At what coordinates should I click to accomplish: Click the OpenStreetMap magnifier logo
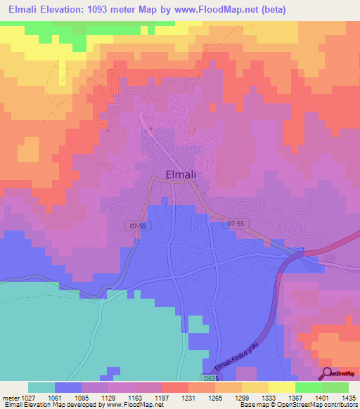click(328, 373)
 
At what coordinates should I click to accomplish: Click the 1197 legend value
click(162, 397)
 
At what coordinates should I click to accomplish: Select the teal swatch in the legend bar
click(41, 387)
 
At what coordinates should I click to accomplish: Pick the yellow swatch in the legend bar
click(281, 387)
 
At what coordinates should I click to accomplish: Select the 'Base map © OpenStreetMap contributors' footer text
click(297, 405)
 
